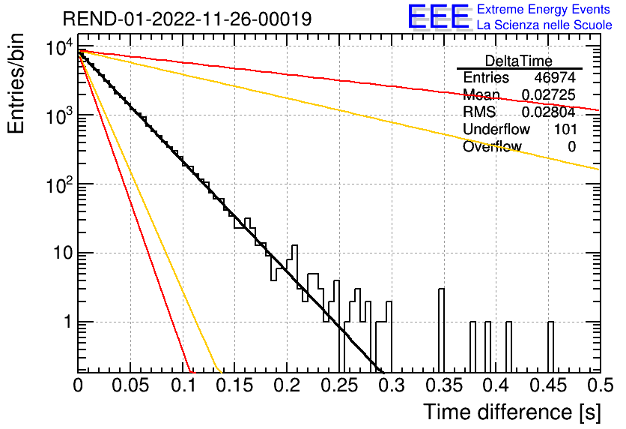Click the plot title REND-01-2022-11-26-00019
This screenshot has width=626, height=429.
click(x=187, y=19)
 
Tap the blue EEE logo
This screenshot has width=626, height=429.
click(x=439, y=16)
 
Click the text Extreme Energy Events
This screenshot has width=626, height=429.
click(x=544, y=9)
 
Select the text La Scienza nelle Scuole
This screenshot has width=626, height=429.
click(x=544, y=25)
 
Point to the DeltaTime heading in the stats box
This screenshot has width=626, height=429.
click(x=519, y=61)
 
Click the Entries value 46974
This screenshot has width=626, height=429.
click(x=555, y=77)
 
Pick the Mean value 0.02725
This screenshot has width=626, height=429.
click(x=549, y=94)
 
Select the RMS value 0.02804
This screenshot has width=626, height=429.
click(x=549, y=112)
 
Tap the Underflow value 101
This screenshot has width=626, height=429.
click(x=565, y=129)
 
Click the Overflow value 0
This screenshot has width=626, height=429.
click(x=571, y=146)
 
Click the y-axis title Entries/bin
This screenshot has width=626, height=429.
click(x=16, y=84)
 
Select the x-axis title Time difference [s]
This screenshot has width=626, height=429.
click(x=512, y=412)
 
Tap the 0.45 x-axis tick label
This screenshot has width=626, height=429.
click(x=548, y=385)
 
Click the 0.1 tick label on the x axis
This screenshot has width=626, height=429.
click(x=184, y=385)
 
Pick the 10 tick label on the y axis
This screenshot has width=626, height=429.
click(x=62, y=253)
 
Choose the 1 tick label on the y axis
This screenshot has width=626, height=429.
click(x=67, y=322)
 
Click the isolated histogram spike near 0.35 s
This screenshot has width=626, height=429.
click(x=441, y=330)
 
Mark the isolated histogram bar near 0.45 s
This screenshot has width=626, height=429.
click(x=550, y=347)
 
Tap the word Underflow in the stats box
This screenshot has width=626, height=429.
click(x=496, y=129)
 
